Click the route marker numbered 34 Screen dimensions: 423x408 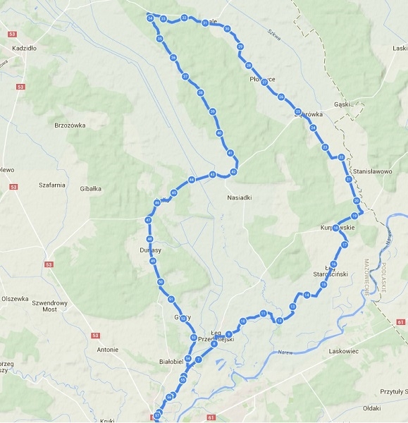point(150,18)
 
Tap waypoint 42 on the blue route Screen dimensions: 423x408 point(233,171)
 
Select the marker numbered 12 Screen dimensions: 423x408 point(280,321)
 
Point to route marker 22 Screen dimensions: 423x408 point(341,157)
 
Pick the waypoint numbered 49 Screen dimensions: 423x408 point(153,262)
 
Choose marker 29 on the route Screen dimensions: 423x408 point(240,47)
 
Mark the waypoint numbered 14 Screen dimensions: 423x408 point(307,295)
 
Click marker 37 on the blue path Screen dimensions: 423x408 point(185,76)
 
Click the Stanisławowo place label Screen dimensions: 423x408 point(377,171)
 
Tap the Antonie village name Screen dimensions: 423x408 point(107,349)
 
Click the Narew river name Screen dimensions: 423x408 point(285,351)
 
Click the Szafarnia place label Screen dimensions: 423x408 point(53,185)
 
